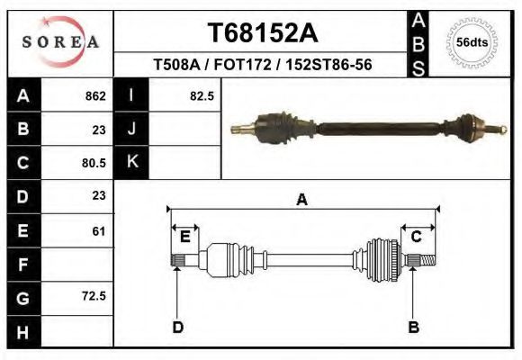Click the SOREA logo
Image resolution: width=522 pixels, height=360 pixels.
[x=60, y=42]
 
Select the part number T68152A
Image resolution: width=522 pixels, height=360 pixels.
[x=262, y=33]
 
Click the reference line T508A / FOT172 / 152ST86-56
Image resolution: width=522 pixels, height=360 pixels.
[x=263, y=66]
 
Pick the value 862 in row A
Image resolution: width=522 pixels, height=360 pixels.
[x=94, y=95]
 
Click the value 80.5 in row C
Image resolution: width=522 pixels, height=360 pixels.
[x=93, y=164]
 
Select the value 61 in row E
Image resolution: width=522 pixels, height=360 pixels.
[x=98, y=231]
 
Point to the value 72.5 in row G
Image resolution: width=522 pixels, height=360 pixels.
[x=93, y=295]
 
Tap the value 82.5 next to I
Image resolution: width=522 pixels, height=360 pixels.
[x=202, y=95]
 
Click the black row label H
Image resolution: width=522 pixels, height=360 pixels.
[x=23, y=332]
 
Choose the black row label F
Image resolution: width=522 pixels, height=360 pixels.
[x=23, y=265]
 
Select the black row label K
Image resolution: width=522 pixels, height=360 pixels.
[x=131, y=162]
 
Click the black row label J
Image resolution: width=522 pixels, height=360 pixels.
[x=131, y=129]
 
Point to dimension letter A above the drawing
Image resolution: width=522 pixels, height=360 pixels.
[x=301, y=200]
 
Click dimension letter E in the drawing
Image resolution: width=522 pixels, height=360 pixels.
[x=184, y=237]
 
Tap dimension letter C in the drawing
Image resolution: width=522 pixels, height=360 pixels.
[x=417, y=237]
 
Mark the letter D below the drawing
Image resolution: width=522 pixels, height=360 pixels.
[x=177, y=327]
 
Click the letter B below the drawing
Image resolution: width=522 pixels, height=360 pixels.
[x=413, y=327]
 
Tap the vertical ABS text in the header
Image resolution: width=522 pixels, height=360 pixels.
[x=418, y=43]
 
